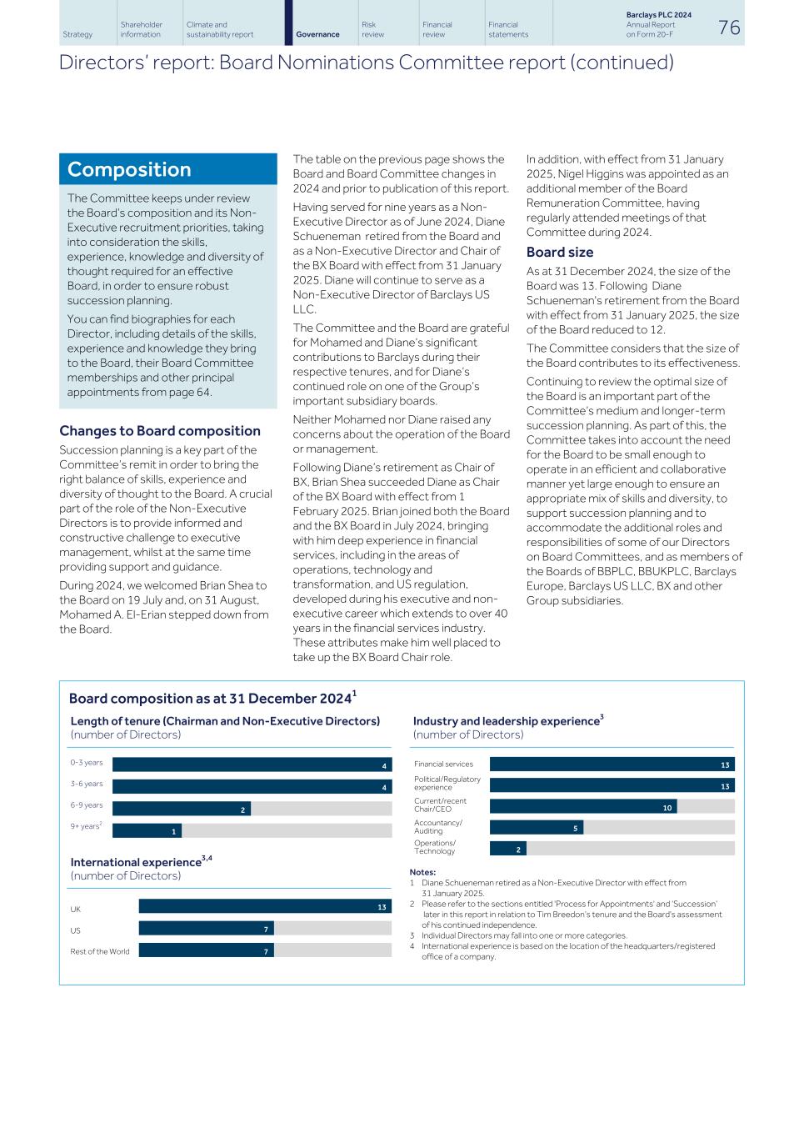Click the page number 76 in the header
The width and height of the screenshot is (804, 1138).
pos(728,28)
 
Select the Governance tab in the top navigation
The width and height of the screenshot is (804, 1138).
pos(317,34)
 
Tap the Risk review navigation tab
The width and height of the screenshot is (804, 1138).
pos(373,30)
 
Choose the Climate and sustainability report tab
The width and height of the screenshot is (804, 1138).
pos(220,30)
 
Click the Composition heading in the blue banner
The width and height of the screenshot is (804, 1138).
pos(129,169)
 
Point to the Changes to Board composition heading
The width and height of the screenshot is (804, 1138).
pos(159,431)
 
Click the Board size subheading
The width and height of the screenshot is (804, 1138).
pos(560,252)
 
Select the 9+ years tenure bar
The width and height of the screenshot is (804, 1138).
pos(147,830)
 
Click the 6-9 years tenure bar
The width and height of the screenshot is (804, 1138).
pos(181,809)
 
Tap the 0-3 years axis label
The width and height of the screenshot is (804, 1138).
pos(87,763)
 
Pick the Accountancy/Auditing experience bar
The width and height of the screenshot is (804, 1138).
pos(536,827)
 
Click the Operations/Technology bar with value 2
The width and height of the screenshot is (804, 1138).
pos(507,848)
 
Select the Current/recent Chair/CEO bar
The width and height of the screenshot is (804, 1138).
pos(582,806)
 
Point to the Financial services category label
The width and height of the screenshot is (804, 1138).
pos(443,764)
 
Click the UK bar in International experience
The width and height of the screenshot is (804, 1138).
pos(264,906)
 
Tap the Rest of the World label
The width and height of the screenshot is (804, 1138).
pos(100,951)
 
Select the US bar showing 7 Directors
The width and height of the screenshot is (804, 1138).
pos(206,928)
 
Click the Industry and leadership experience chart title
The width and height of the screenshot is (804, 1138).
pos(507,721)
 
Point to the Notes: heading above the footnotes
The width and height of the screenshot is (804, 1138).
pos(422,872)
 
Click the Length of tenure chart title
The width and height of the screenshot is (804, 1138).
pos(225,721)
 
